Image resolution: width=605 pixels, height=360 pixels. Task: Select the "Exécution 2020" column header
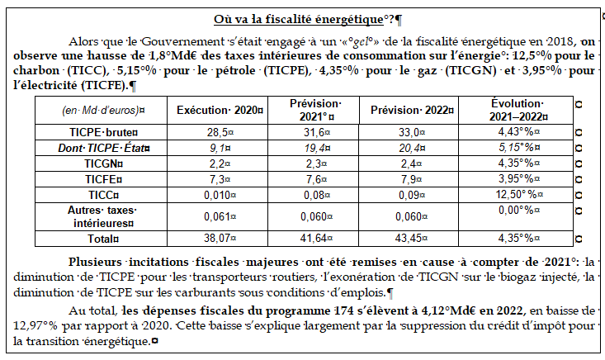click(x=218, y=111)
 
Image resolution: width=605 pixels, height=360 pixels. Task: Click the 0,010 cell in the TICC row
click(x=218, y=195)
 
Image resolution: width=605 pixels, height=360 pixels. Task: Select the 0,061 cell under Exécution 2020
click(x=218, y=216)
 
